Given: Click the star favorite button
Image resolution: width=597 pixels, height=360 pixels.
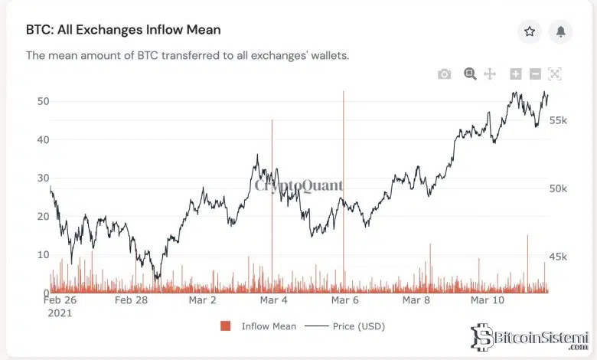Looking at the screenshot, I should point(529,31).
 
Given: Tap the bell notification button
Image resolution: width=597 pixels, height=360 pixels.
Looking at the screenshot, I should point(561,31).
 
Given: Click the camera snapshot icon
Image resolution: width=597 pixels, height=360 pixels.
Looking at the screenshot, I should point(444,74).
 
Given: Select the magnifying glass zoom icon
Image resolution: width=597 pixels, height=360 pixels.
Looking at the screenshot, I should point(470,74).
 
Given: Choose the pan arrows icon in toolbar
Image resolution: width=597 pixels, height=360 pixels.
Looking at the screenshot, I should point(491,74).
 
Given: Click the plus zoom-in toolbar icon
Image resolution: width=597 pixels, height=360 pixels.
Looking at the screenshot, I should point(516,74).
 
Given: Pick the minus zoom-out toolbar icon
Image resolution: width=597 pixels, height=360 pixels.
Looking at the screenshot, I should point(535,74).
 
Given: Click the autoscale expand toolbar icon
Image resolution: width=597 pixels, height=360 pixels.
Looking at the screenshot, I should point(555,74).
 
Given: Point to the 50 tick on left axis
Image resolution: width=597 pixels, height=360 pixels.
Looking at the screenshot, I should point(43,101).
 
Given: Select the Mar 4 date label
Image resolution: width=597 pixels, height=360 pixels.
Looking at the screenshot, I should point(273,300).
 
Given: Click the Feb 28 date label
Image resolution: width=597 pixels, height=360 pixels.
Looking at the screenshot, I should point(131,300).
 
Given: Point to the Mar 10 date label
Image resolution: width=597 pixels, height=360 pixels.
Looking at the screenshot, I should point(487,300).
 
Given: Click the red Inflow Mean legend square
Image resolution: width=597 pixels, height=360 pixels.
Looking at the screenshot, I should point(225,326).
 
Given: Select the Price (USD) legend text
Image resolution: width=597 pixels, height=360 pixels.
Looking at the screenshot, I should point(359,326).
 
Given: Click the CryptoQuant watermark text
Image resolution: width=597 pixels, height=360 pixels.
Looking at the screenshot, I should point(298,185).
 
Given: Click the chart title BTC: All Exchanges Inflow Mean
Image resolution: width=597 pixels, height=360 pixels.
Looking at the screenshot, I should point(123,31).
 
